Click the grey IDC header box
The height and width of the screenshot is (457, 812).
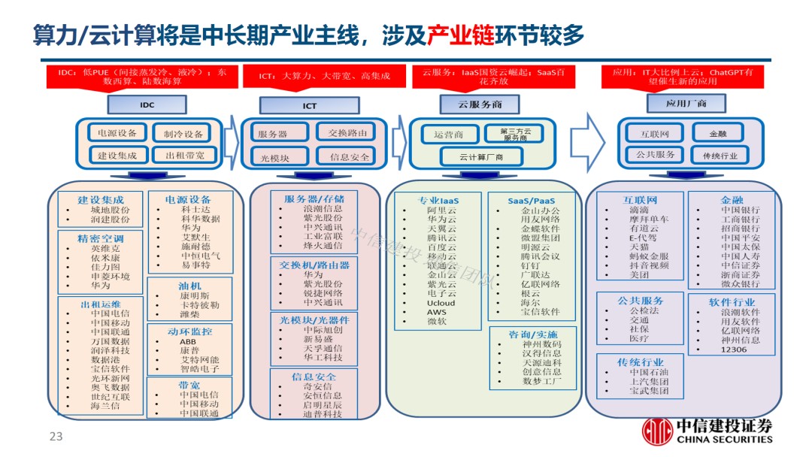(136, 104)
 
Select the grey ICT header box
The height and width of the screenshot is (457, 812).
(309, 106)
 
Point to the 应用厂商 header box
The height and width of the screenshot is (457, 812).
(675, 103)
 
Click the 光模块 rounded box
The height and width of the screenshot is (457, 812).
(274, 157)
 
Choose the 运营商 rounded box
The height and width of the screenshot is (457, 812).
(448, 135)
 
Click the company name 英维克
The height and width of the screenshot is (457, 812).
(105, 247)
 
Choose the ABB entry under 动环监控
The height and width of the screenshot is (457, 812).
(187, 341)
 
